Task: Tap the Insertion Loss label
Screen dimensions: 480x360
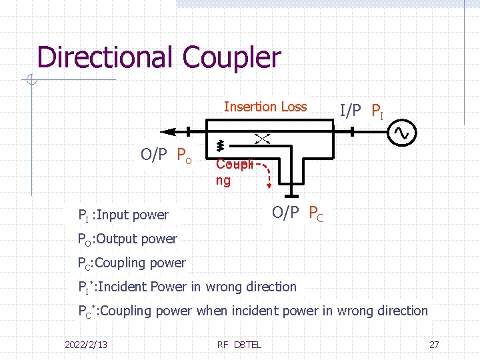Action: click(x=265, y=107)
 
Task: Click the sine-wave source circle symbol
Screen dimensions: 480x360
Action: click(x=404, y=133)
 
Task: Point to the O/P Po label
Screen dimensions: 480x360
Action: click(x=166, y=156)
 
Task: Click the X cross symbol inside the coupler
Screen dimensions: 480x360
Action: click(x=261, y=138)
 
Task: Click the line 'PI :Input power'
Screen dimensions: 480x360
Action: click(x=123, y=215)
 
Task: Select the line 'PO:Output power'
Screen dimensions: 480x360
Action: click(x=127, y=239)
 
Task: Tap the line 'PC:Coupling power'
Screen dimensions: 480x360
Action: click(x=131, y=263)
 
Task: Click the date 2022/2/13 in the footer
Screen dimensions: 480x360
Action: click(x=86, y=344)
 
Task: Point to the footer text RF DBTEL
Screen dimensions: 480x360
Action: click(x=239, y=344)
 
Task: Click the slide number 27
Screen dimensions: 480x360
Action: click(x=434, y=344)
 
